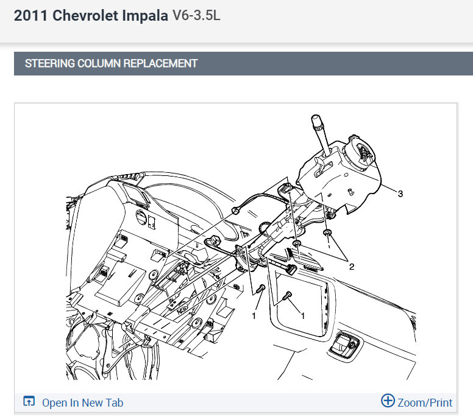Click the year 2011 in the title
click(30, 15)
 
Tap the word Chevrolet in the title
click(85, 15)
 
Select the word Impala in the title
click(145, 16)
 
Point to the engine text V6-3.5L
click(196, 15)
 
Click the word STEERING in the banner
click(50, 63)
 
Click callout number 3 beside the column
click(400, 194)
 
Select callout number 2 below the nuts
click(352, 267)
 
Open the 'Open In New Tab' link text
click(83, 403)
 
